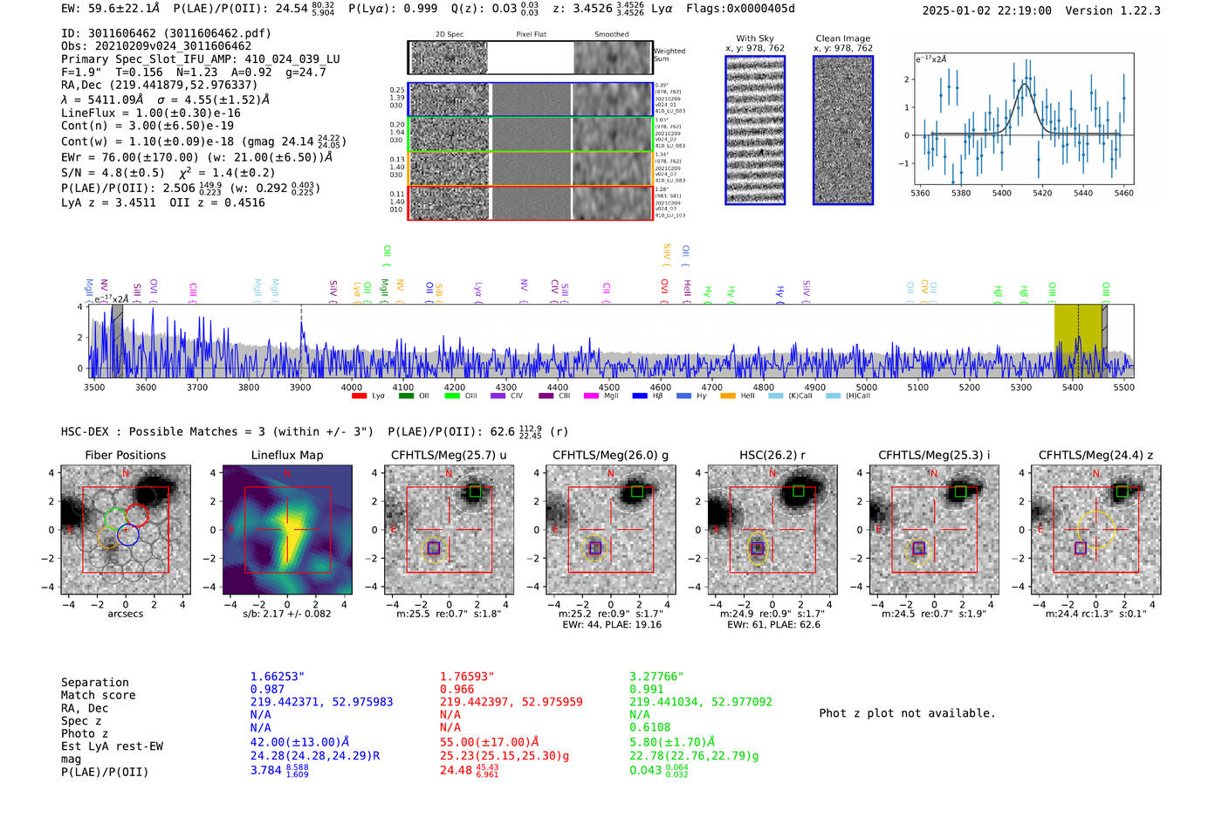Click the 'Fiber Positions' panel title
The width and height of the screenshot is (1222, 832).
point(125,455)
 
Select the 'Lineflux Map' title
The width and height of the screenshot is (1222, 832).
point(286,455)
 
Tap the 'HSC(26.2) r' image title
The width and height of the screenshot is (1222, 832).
point(771,455)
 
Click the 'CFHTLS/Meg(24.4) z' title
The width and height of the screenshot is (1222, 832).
point(1095,455)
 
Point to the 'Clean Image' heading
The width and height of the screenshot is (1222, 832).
point(842,38)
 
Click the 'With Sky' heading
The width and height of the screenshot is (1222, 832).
point(754,38)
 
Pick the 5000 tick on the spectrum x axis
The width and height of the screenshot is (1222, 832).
point(866,387)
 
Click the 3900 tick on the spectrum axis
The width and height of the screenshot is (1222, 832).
point(300,387)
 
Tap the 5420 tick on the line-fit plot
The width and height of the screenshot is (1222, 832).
point(1042,193)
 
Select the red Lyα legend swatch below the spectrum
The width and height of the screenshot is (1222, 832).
point(359,396)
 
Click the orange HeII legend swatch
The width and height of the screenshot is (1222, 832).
point(728,396)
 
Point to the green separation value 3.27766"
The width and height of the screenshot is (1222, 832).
point(656,677)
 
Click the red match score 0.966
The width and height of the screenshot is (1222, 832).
point(457,690)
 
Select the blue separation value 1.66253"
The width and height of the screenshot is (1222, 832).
point(277,677)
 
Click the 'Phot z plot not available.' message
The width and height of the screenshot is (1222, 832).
point(907,713)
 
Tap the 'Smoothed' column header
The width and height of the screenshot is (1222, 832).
point(611,35)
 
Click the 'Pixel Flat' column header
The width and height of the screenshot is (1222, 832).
point(531,35)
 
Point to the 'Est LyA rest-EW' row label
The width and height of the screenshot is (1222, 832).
point(112,746)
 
